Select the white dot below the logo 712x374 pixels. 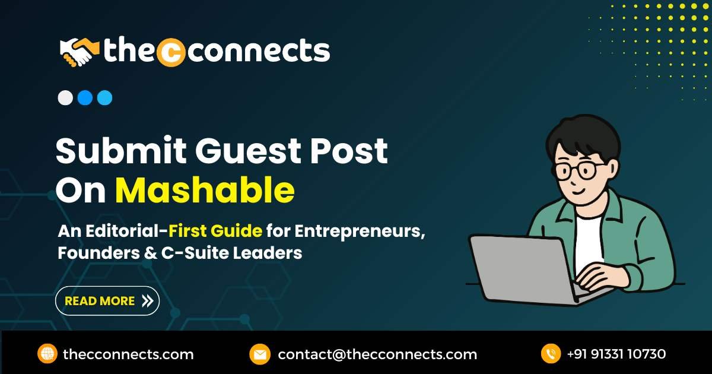point(65,98)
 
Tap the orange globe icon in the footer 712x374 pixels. point(47,354)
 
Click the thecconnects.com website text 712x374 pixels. point(128,354)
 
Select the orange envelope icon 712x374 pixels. point(259,354)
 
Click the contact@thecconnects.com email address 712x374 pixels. point(377,354)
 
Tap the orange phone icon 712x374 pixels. point(551,354)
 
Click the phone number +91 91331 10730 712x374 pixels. point(616,354)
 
